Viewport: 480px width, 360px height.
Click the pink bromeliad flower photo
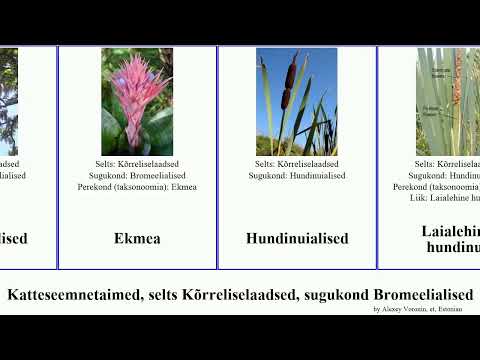tap(137, 101)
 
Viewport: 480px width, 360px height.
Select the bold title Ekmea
tap(137, 239)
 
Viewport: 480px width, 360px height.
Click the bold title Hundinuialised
tap(297, 239)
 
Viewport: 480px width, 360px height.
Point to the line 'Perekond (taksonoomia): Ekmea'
tap(137, 186)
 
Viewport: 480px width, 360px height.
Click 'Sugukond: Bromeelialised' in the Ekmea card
tap(137, 175)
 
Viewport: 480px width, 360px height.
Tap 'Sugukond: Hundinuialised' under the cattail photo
tap(297, 175)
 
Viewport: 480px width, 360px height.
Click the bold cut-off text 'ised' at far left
tap(13, 239)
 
